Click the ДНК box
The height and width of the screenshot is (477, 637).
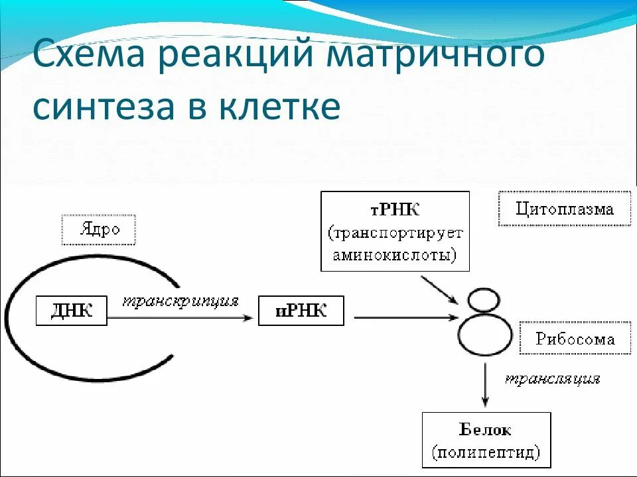pyautogui.click(x=72, y=311)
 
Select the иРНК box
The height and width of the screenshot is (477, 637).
pyautogui.click(x=301, y=311)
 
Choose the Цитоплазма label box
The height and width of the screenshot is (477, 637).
pyautogui.click(x=565, y=210)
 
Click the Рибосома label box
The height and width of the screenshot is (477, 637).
pyautogui.click(x=575, y=339)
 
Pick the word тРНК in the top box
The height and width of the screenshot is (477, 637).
pyautogui.click(x=395, y=211)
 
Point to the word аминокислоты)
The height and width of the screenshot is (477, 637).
pyautogui.click(x=395, y=256)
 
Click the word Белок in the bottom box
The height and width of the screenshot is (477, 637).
pyautogui.click(x=486, y=430)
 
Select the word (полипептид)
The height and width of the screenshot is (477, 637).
pyautogui.click(x=486, y=452)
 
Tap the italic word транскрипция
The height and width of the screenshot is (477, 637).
pyautogui.click(x=180, y=301)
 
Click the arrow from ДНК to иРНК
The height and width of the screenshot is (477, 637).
pyautogui.click(x=179, y=318)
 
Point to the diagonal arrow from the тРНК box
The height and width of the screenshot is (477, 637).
pyautogui.click(x=440, y=290)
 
